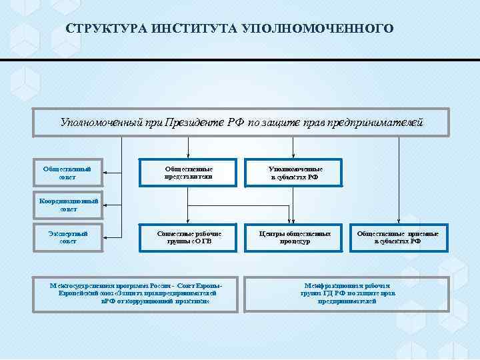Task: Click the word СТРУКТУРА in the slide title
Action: tap(106, 29)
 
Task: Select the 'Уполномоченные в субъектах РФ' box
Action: tap(294, 173)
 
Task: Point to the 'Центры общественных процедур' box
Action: tap(294, 237)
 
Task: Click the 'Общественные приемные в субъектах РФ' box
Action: tap(398, 237)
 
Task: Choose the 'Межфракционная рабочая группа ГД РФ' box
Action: tap(347, 292)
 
